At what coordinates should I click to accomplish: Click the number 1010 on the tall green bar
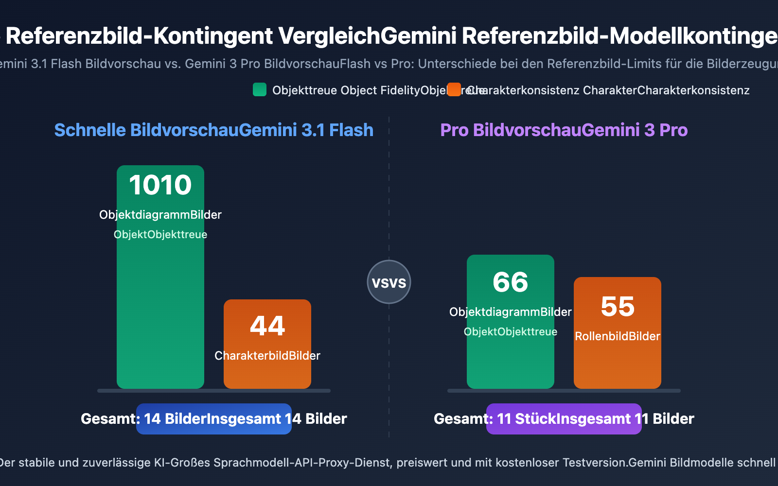160,185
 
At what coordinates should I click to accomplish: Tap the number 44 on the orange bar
267,326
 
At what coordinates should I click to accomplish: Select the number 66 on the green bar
511,282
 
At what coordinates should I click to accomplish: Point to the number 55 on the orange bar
618,307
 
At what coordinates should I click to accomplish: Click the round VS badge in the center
389,282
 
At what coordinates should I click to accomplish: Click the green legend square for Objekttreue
260,90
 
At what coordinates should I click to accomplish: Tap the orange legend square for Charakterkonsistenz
454,90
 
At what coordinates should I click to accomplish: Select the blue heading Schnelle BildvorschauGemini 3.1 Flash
214,130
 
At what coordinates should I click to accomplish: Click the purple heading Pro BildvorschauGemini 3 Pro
564,130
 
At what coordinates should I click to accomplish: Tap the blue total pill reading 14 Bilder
214,419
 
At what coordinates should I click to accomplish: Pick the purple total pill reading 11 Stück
564,419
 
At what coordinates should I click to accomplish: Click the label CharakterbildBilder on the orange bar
267,356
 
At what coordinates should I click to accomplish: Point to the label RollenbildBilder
618,336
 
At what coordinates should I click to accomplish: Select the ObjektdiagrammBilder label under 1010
160,215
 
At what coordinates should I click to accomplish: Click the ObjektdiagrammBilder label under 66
511,312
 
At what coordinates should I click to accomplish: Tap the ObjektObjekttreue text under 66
511,332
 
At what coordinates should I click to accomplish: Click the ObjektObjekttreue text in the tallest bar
160,235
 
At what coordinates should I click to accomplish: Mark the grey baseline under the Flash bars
214,391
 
